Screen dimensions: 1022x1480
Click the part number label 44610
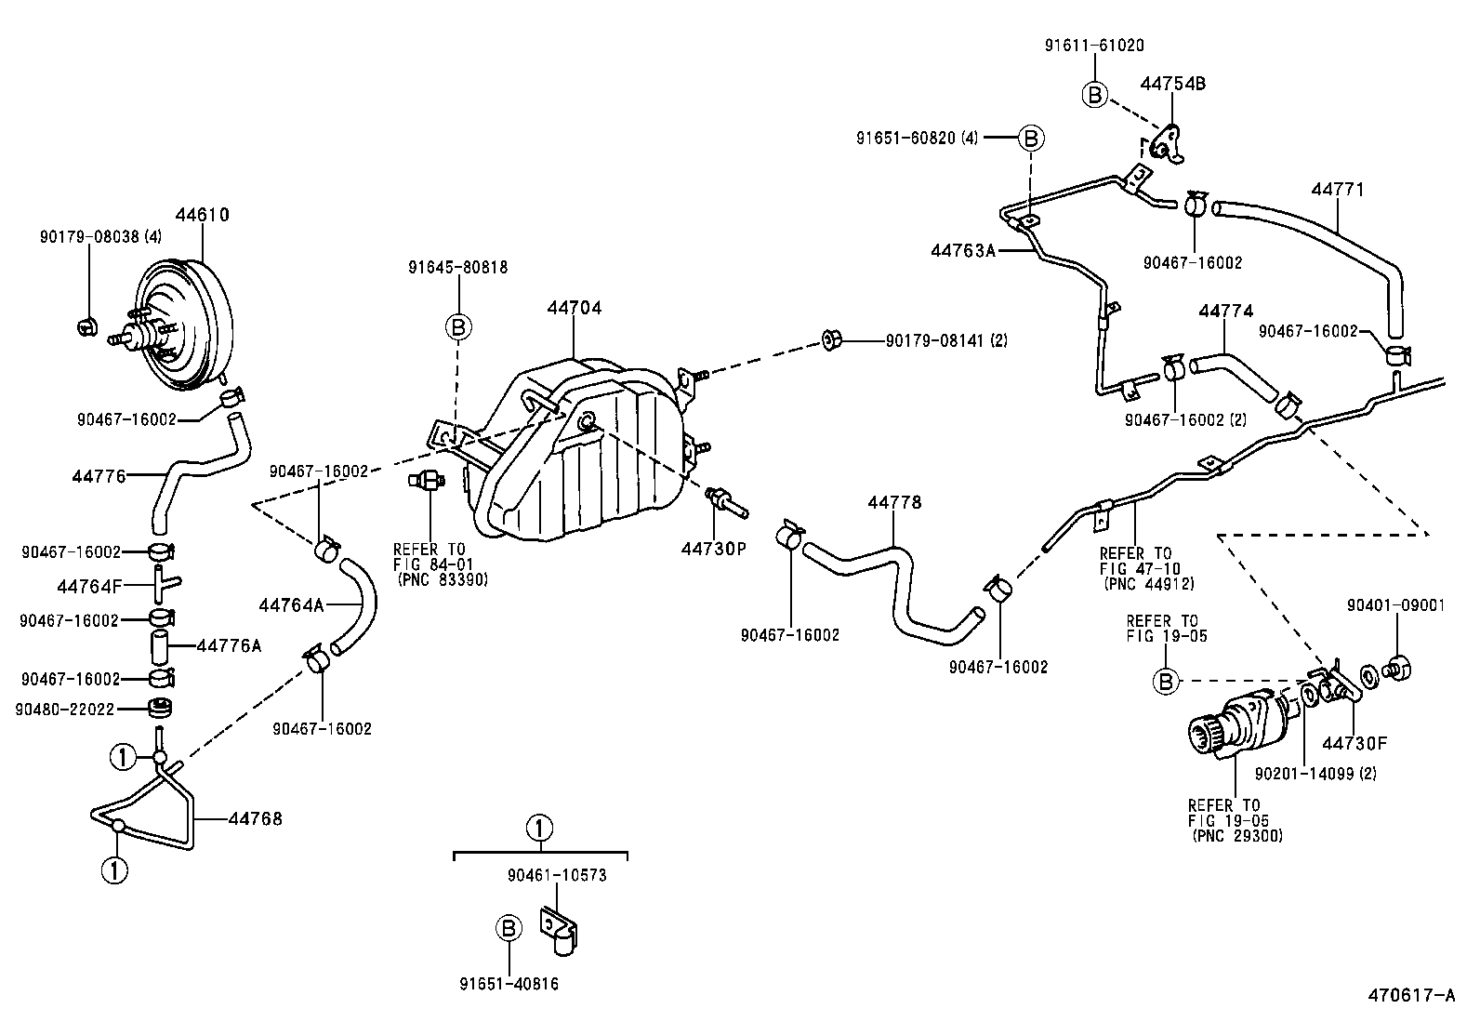click(202, 215)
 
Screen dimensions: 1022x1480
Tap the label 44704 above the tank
click(574, 308)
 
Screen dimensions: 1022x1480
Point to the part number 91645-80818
click(457, 267)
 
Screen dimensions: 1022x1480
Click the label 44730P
click(713, 549)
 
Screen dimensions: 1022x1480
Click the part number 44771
click(1338, 190)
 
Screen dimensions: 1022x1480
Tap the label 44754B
click(1172, 84)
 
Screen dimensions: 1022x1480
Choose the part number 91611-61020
click(1093, 45)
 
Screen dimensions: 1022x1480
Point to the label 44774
click(1225, 312)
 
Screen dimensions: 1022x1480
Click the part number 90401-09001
click(1395, 605)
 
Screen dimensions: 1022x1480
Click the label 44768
click(255, 819)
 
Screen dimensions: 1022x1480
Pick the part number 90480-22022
click(64, 710)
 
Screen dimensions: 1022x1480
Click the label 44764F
click(89, 587)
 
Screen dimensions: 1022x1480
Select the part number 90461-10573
click(557, 875)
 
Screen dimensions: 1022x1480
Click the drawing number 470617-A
click(1410, 996)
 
